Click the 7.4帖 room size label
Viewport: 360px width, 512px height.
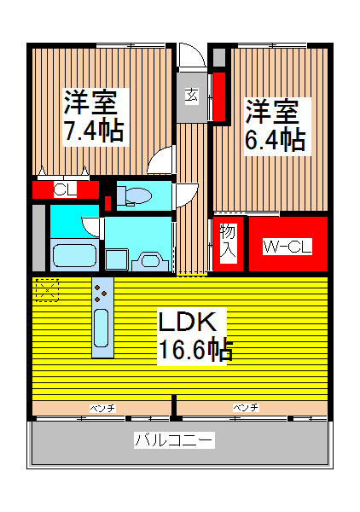94,131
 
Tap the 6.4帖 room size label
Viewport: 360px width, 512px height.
275,139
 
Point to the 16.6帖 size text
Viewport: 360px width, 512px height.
195,350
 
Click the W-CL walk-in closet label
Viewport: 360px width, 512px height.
287,247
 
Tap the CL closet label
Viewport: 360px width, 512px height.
65,189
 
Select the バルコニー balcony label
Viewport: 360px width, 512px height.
174,440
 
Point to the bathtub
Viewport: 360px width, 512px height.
71,255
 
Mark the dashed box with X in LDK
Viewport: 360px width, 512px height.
46,291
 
